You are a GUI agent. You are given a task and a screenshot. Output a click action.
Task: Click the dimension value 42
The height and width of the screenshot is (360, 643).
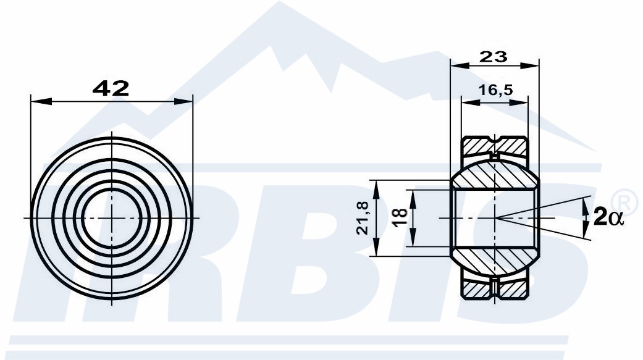tap(111, 88)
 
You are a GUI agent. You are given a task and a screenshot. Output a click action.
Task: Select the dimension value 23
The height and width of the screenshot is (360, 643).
tap(494, 57)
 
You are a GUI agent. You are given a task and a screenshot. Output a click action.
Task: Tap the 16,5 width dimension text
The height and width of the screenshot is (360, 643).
tap(496, 90)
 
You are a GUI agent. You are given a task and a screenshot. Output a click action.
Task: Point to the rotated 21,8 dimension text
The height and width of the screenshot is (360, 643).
tap(363, 218)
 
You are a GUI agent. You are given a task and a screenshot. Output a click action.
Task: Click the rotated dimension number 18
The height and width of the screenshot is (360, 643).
tap(400, 218)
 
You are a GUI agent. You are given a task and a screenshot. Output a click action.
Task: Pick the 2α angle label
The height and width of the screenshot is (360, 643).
tap(608, 217)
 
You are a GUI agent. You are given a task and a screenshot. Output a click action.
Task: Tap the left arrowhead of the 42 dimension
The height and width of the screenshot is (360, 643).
tap(41, 101)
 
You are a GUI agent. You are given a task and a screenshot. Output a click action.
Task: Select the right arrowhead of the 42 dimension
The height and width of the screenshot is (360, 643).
tap(183, 101)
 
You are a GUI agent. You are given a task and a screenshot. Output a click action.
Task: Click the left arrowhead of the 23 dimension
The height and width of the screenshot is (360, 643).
tap(460, 65)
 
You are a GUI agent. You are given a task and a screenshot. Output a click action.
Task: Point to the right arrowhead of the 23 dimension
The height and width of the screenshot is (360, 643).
tap(529, 65)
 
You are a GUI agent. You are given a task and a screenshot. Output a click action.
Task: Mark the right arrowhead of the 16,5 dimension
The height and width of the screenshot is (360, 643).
tap(518, 102)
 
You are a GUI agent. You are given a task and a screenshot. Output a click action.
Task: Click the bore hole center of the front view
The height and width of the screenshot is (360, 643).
tap(112, 218)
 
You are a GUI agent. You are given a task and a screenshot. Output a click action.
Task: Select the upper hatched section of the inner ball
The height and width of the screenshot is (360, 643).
tap(495, 175)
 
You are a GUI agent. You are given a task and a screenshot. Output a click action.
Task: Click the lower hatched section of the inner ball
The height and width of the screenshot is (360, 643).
tap(495, 260)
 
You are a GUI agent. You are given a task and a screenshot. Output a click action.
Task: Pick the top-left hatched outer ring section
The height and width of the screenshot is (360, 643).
tap(477, 146)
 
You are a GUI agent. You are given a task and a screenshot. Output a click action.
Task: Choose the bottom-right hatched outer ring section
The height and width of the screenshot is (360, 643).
tap(513, 290)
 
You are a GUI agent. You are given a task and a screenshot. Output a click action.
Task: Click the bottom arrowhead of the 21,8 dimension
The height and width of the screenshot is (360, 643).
tap(375, 248)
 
